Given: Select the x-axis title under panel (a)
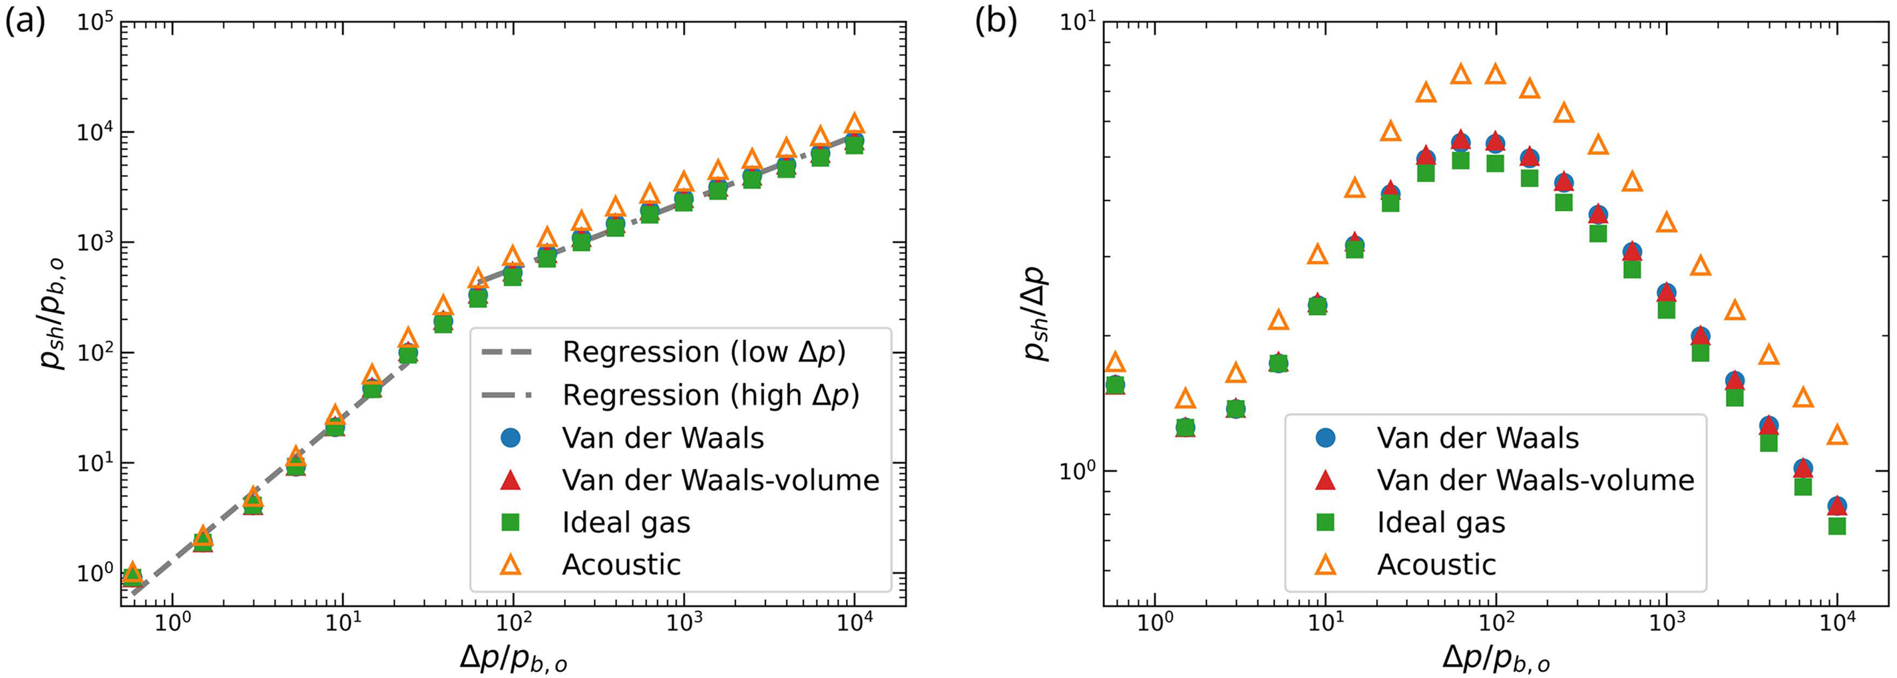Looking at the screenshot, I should (x=513, y=655).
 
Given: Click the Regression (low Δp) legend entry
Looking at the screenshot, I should (x=704, y=353).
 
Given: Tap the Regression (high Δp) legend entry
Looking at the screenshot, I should (x=710, y=395).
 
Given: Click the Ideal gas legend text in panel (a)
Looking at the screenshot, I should (x=626, y=523).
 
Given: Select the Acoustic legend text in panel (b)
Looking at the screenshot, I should (x=1436, y=566).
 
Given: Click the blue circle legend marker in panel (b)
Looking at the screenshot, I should (x=1325, y=438).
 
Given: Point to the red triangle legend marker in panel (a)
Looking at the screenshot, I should (x=511, y=480).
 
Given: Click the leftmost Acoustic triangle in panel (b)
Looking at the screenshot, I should (x=1116, y=362).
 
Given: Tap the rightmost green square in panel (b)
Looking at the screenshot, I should (x=1837, y=526).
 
